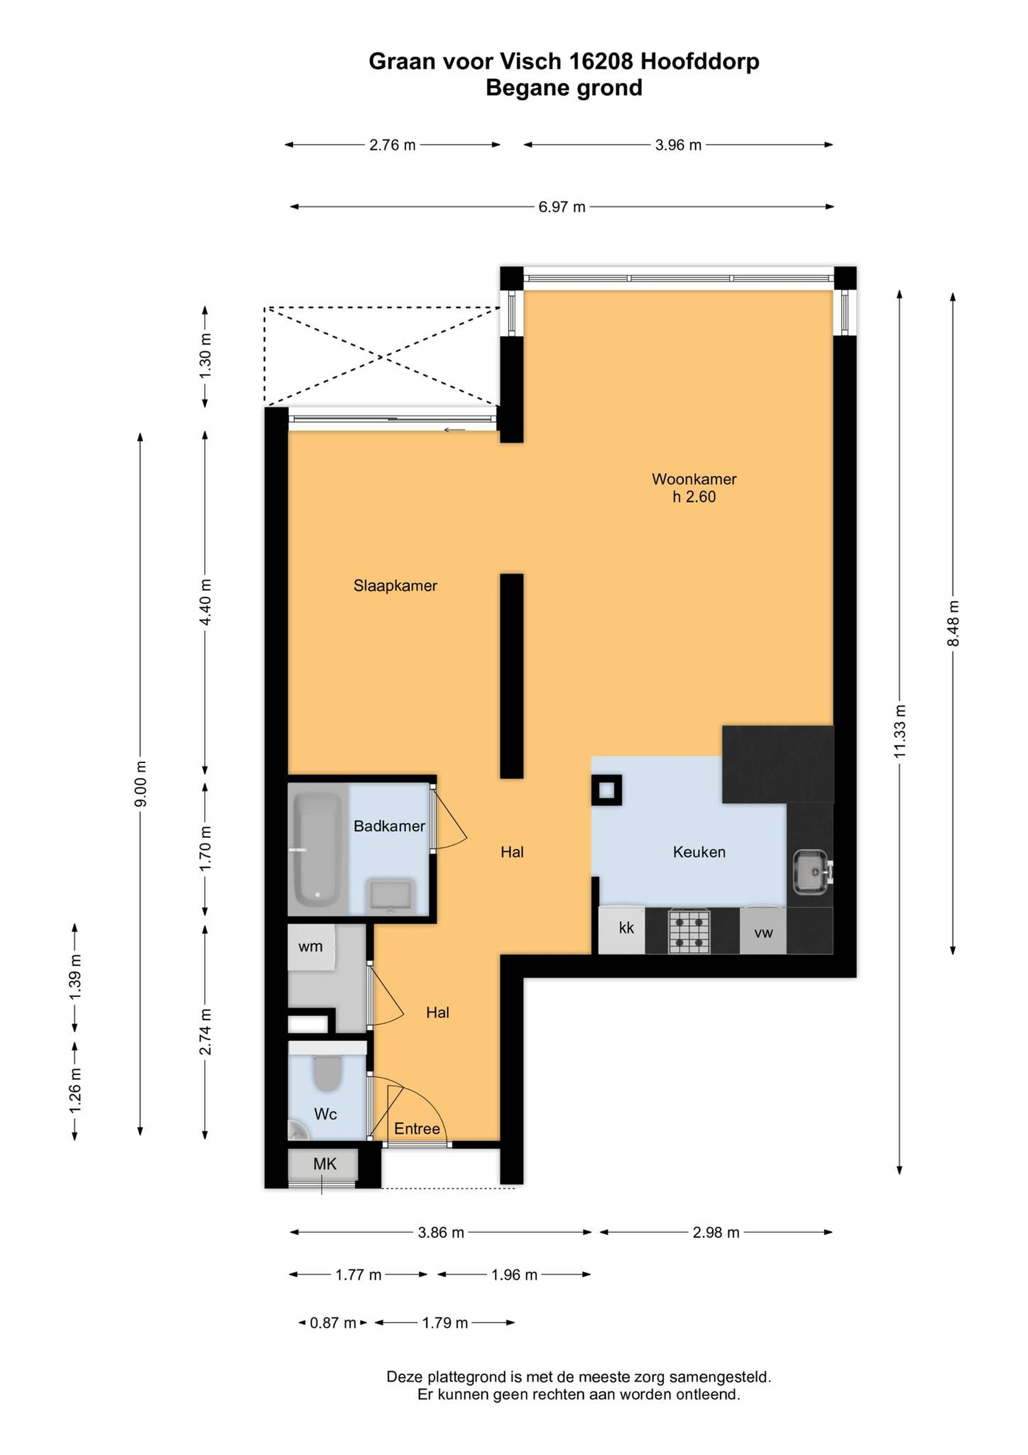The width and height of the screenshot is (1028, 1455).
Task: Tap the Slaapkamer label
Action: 395,586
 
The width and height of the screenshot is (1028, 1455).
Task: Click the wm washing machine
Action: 311,947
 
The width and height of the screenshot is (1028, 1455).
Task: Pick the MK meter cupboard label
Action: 325,1164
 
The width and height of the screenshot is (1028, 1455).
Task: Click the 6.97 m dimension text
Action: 562,207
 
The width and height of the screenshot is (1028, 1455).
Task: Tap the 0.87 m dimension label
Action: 332,1323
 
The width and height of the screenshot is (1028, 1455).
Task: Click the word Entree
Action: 417,1129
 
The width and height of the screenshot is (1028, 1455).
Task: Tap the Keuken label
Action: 699,852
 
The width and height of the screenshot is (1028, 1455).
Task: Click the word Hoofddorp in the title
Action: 700,61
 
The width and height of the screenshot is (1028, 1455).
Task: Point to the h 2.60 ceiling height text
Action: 694,497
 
